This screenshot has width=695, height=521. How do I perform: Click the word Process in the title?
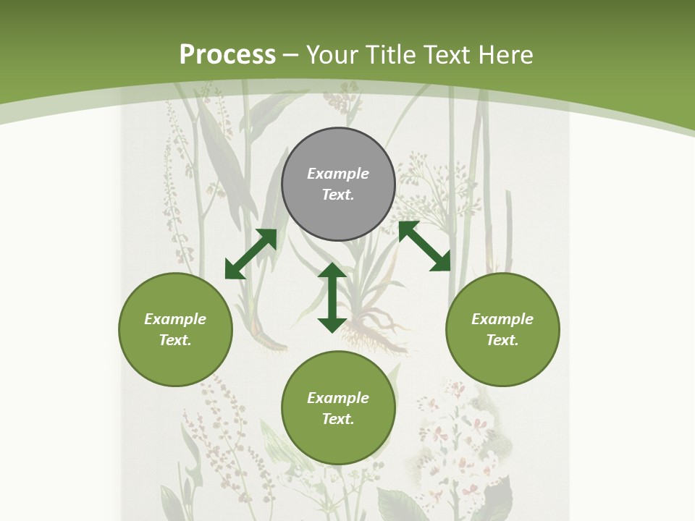coord(227,55)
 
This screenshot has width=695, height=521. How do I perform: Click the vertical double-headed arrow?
coord(332,297)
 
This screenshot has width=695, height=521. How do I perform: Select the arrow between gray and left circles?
coord(250,254)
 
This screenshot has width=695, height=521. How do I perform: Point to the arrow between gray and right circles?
coord(424,246)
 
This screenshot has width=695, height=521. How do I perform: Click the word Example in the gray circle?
coord(338,174)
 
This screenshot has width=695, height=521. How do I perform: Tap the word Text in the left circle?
coord(175,340)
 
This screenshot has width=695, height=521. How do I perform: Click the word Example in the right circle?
coord(502,319)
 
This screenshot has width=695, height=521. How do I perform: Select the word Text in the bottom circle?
coord(338,419)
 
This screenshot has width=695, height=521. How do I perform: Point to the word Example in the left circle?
coord(175,319)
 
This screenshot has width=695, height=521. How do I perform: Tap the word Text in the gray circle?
coord(338,195)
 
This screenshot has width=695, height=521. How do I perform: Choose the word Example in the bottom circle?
coord(338,398)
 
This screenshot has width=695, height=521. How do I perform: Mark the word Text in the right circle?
coord(502,340)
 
